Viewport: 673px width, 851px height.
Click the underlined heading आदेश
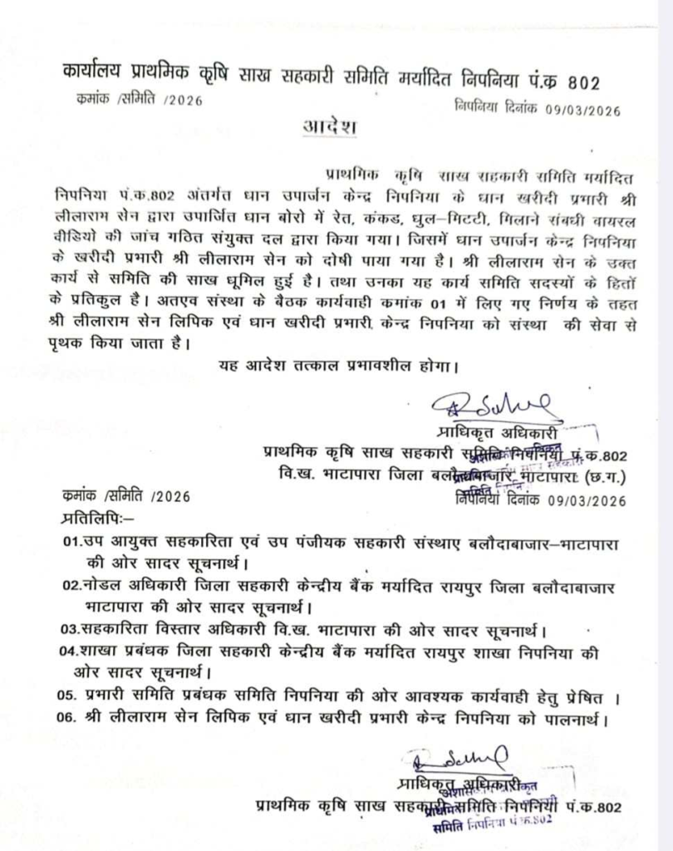pos(328,129)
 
